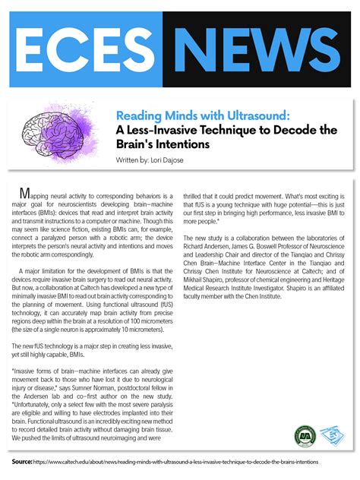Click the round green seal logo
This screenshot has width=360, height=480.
pyautogui.click(x=304, y=436)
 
